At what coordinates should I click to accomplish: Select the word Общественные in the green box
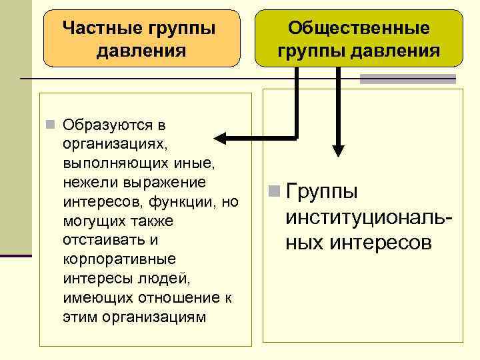(x=359, y=29)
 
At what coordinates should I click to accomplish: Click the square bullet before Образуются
(x=50, y=125)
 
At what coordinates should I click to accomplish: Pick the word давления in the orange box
(x=141, y=51)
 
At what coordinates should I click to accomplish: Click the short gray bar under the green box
(x=407, y=79)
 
